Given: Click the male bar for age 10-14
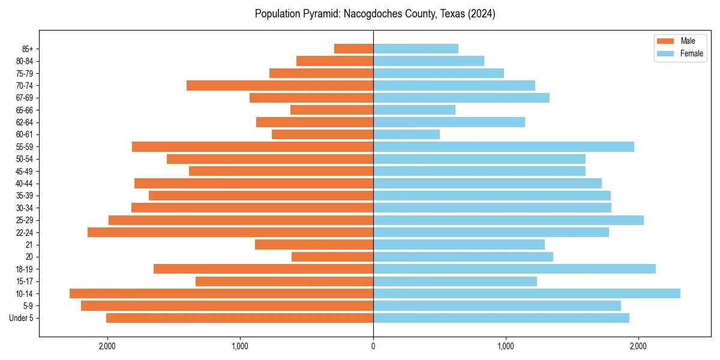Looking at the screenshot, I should click(x=221, y=293).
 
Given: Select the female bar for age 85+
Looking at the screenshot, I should click(x=416, y=49).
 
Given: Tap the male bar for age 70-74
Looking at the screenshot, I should click(x=280, y=85).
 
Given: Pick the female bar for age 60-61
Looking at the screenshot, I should click(x=406, y=134).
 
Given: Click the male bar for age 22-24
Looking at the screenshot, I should click(x=230, y=232).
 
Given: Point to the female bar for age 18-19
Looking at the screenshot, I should click(x=514, y=269).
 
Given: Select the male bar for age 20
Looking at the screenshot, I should click(x=332, y=257).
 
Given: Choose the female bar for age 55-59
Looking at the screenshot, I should click(x=503, y=146).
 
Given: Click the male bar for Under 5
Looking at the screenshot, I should click(x=239, y=318).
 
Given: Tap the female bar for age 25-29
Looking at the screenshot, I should click(x=508, y=220).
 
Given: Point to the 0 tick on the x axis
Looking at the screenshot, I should click(x=373, y=346).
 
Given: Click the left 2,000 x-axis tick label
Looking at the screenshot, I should click(x=107, y=346).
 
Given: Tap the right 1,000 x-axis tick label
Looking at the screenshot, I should click(x=506, y=346).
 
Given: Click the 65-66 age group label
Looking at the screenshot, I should click(x=24, y=110).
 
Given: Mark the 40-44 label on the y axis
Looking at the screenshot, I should click(x=24, y=184).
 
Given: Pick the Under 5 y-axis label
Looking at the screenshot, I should click(x=22, y=318).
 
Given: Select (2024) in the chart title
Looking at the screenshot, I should click(x=481, y=14).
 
